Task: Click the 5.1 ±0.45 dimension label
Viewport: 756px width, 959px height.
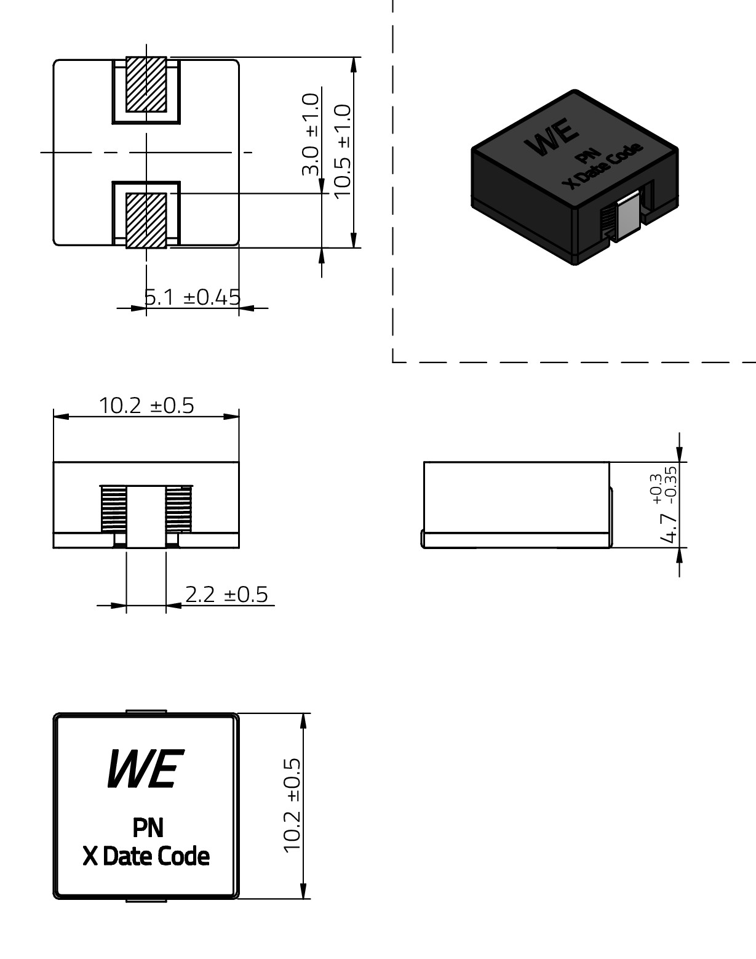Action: point(193,297)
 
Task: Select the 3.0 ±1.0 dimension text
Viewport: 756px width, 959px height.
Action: point(311,134)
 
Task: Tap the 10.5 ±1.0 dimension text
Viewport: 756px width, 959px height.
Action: point(343,151)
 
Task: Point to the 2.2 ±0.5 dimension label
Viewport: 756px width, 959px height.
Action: point(226,595)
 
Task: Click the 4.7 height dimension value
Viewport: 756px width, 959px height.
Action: point(668,528)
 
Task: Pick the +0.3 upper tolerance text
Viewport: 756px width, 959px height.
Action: point(656,489)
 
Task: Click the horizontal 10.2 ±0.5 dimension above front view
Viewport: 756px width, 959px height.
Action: point(146,406)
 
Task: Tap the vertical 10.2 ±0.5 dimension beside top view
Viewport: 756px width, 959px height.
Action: point(292,806)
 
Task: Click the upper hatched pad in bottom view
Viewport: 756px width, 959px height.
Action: point(146,84)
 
